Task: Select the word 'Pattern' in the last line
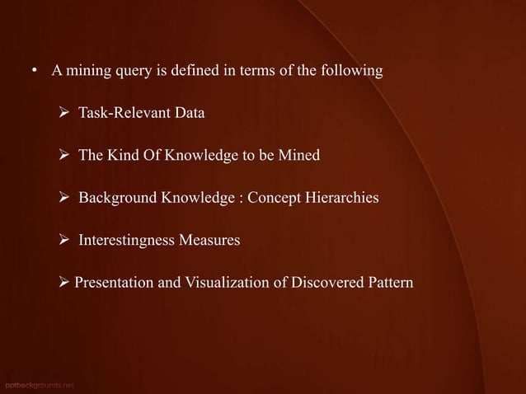389,284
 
